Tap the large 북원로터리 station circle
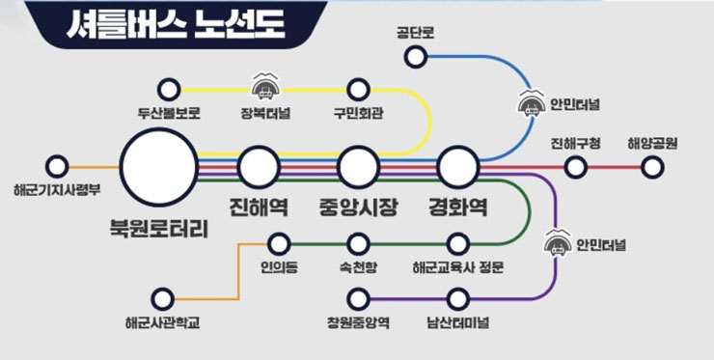point(158,168)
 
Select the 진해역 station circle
point(259,168)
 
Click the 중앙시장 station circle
point(358,168)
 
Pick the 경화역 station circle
point(457,168)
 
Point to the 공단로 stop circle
point(416,57)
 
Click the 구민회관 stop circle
point(359,91)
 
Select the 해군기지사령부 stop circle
point(57,167)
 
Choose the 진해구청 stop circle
point(576,167)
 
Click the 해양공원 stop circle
point(653,167)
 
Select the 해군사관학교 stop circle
point(162,298)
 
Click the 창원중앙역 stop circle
point(359,298)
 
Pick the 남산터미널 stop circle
point(457,298)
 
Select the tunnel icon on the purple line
point(558,243)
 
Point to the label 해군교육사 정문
point(457,266)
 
